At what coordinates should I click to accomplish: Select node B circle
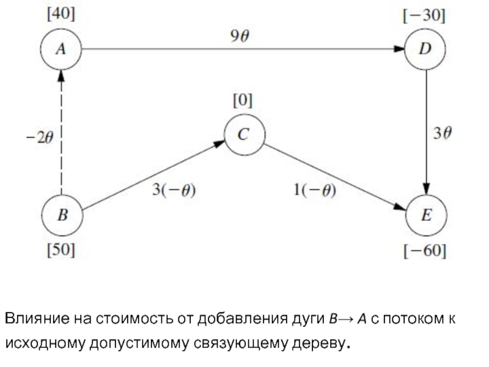coord(61,215)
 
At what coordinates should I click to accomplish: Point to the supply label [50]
coord(61,250)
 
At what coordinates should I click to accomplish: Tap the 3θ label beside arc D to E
coord(444,133)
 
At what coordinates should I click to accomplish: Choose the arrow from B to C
coord(153,176)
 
